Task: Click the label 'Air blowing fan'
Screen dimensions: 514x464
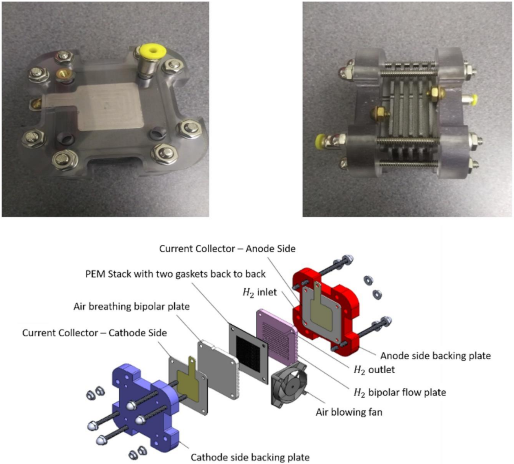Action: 349,412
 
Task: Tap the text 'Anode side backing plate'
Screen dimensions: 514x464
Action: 435,356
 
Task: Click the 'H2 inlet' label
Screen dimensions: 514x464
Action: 260,292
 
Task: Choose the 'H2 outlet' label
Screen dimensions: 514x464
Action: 374,370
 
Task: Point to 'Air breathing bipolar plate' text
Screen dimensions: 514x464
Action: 132,307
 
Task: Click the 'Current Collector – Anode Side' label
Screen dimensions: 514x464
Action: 227,249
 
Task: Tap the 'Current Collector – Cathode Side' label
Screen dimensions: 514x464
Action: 95,333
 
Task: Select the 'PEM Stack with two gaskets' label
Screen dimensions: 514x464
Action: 176,274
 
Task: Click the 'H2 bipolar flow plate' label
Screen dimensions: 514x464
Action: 400,392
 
